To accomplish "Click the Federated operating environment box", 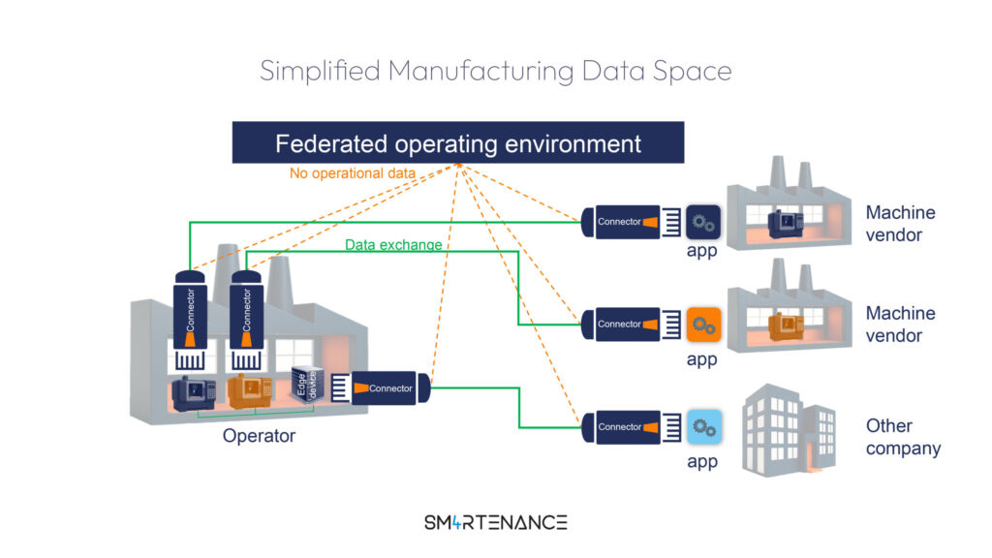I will [458, 143].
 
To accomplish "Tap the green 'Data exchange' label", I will [393, 245].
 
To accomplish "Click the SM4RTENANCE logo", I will [495, 522].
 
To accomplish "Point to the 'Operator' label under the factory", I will [259, 436].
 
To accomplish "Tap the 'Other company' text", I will [903, 437].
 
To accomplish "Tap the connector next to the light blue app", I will [626, 427].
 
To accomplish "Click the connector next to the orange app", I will [626, 325].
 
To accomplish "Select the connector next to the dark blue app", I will [626, 223].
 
